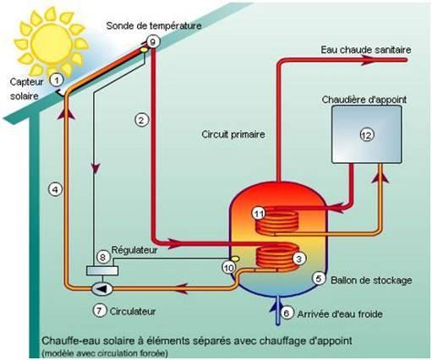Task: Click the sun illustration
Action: pyautogui.click(x=52, y=42)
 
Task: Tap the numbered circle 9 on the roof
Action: pyautogui.click(x=153, y=41)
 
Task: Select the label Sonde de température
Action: pyautogui.click(x=154, y=25)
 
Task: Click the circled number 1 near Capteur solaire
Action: pyautogui.click(x=57, y=80)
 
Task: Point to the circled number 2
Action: pyautogui.click(x=141, y=120)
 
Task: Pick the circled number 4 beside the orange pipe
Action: pyautogui.click(x=55, y=189)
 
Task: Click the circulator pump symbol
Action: pyautogui.click(x=102, y=288)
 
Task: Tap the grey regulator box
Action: pyautogui.click(x=102, y=270)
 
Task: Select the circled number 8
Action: pyautogui.click(x=103, y=257)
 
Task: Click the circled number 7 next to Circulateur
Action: pyautogui.click(x=100, y=310)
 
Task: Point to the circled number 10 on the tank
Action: pyautogui.click(x=229, y=267)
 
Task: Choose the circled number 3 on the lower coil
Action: pyautogui.click(x=299, y=259)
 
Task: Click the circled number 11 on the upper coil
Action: pyautogui.click(x=259, y=213)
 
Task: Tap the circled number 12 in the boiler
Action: pyautogui.click(x=367, y=135)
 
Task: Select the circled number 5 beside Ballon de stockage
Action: pyautogui.click(x=319, y=278)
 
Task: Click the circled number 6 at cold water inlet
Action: pyautogui.click(x=287, y=313)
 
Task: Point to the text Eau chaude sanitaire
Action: pyautogui.click(x=366, y=50)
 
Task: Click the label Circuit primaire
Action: pyautogui.click(x=233, y=134)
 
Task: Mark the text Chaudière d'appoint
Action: pyautogui.click(x=364, y=100)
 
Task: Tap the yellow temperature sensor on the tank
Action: pyautogui.click(x=234, y=259)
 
